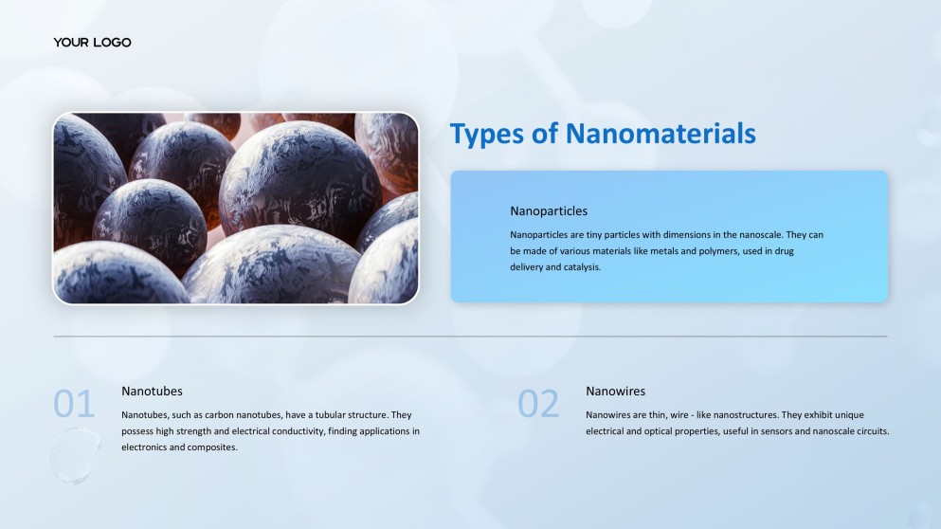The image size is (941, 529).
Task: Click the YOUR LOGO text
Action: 92,43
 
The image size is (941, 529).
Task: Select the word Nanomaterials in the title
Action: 661,134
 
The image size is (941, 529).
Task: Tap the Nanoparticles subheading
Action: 549,211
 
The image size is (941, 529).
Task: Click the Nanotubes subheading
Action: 152,391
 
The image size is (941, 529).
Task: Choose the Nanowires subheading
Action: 615,391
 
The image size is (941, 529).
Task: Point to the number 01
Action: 74,405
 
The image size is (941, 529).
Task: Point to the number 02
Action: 538,405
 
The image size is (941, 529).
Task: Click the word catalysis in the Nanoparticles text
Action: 580,267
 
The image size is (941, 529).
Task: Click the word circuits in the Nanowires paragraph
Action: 870,431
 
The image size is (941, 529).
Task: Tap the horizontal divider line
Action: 470,337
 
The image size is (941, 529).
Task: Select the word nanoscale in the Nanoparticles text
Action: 747,234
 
